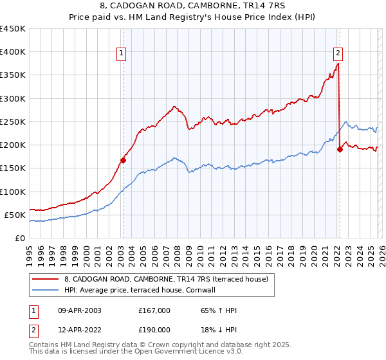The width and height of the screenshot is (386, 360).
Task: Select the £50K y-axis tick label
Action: pos(15,215)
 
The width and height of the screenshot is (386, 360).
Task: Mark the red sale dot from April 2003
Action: pos(123,160)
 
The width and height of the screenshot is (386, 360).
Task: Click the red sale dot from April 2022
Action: pos(339,149)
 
